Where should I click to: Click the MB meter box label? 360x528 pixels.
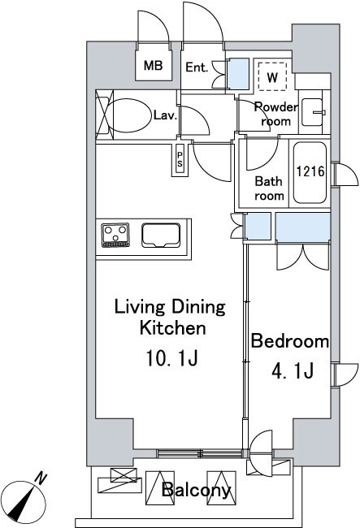[154, 65]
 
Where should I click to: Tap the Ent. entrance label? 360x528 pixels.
[197, 67]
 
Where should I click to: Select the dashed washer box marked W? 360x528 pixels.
[272, 76]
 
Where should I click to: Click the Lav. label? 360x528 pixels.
[165, 116]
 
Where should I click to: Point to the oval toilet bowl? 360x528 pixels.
[129, 116]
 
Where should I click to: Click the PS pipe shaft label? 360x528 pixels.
[180, 159]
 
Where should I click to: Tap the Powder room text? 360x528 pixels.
[276, 114]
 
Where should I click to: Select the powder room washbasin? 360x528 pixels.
[311, 112]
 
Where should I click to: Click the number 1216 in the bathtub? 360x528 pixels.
[310, 171]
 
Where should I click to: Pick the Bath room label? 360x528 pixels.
[269, 188]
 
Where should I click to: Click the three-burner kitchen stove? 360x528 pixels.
[115, 235]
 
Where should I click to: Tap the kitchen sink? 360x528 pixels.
[161, 235]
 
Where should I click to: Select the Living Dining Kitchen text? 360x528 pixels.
[171, 318]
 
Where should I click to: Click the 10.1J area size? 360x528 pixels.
[171, 358]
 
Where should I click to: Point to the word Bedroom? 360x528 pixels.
[290, 341]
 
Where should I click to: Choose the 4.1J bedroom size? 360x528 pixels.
[293, 370]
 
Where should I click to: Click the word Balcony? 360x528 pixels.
[197, 490]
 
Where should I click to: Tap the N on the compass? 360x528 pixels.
[41, 478]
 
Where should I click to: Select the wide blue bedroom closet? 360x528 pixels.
[302, 227]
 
